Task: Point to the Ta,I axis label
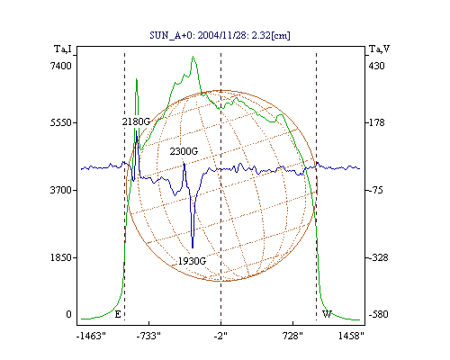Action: [x=63, y=49]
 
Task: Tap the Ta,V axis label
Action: [x=379, y=49]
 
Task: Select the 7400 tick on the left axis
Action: [x=61, y=66]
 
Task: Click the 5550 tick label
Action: [x=61, y=123]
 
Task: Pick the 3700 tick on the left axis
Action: [x=61, y=190]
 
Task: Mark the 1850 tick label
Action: [x=61, y=257]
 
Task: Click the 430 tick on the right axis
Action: [x=376, y=66]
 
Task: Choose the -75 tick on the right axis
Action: [x=376, y=190]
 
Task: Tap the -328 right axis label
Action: [x=378, y=257]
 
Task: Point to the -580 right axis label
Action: [x=378, y=314]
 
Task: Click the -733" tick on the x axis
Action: [x=148, y=336]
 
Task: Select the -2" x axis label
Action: [x=220, y=336]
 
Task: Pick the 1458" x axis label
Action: [x=351, y=336]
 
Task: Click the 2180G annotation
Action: [x=136, y=121]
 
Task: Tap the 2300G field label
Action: [x=184, y=151]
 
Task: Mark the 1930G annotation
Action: [x=192, y=261]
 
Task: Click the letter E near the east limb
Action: [x=118, y=314]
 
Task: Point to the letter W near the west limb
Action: [x=327, y=314]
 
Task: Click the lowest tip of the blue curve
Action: [x=193, y=248]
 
